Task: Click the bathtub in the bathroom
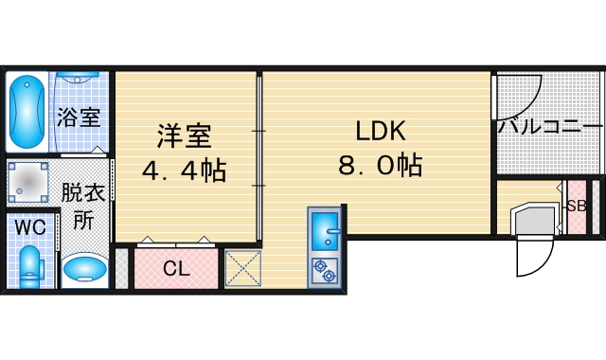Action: click(x=27, y=112)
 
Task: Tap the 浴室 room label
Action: click(x=79, y=117)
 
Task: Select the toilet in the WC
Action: click(x=30, y=267)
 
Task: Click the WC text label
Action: click(x=30, y=227)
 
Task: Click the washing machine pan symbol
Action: click(x=27, y=182)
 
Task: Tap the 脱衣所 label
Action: click(x=83, y=206)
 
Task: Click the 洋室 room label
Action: click(x=185, y=135)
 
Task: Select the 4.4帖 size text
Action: click(x=184, y=171)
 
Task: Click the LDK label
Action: click(x=381, y=131)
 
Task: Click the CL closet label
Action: click(x=176, y=268)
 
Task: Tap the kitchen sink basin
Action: click(x=325, y=231)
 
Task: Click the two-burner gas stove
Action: click(x=325, y=271)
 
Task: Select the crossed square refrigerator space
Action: click(x=243, y=268)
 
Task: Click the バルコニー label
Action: click(x=550, y=127)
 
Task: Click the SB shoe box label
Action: click(x=577, y=206)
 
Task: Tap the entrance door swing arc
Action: click(x=544, y=264)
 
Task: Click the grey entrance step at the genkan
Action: click(x=534, y=220)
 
